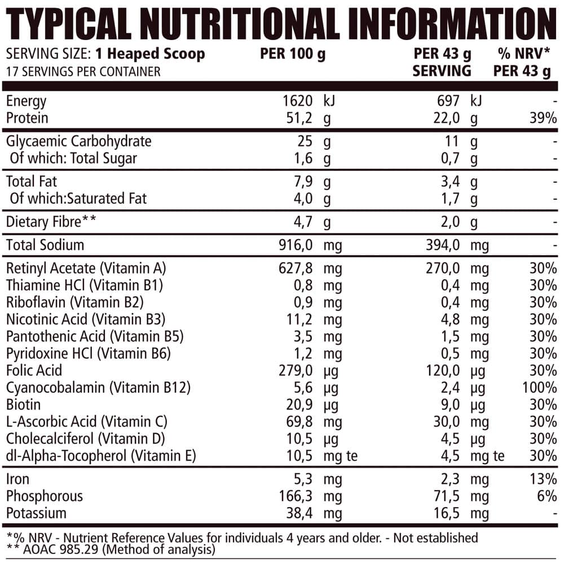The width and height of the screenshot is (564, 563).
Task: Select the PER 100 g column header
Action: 293,54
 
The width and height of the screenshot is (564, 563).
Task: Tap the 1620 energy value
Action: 297,102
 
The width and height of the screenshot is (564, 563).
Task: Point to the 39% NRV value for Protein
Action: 543,118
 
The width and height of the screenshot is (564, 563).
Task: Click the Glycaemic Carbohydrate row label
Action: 78,142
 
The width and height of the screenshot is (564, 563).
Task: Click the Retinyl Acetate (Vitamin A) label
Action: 86,269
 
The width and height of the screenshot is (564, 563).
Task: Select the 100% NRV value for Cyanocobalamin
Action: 540,388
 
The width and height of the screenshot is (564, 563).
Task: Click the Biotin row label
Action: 23,405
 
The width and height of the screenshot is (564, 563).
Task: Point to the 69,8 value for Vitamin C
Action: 299,422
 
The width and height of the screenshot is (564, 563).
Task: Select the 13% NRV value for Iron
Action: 544,480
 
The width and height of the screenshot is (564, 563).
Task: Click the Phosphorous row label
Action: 45,496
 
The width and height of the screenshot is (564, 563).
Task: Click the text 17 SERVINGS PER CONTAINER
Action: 83,72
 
